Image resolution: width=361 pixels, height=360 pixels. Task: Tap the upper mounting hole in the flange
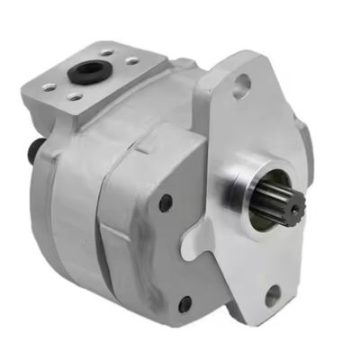tap(240, 86)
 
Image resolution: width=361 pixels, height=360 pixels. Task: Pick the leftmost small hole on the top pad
tap(49, 86)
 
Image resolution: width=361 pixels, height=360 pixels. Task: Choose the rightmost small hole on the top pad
tap(132, 61)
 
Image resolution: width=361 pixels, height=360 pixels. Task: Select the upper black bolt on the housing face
tap(165, 202)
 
